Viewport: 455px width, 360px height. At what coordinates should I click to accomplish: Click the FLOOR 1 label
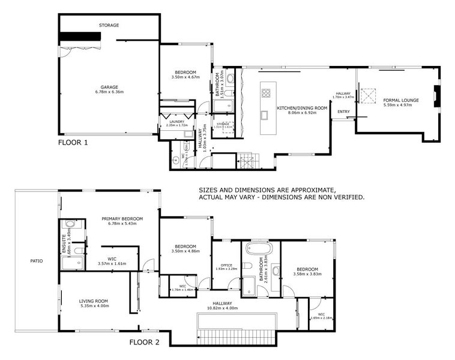[73, 143]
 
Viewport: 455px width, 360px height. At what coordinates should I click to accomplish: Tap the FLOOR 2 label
[145, 343]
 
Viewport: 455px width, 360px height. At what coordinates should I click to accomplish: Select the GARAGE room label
[109, 87]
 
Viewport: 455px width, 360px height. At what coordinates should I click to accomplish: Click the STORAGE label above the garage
[109, 25]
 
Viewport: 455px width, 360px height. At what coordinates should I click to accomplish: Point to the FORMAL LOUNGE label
[401, 100]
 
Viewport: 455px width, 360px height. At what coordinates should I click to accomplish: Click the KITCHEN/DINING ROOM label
[302, 108]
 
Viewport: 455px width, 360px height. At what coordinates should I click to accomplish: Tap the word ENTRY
[344, 112]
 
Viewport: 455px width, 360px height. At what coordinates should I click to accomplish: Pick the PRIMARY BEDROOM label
[122, 218]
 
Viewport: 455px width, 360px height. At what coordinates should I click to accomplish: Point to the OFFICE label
[226, 265]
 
